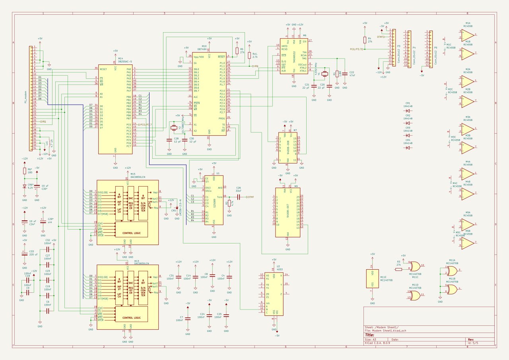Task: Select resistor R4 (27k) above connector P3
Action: tap(365, 40)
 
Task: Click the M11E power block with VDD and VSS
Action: tap(373, 278)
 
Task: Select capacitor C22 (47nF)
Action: tap(345, 73)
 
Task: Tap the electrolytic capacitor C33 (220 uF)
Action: tap(25, 253)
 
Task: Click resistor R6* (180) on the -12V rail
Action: tap(25, 171)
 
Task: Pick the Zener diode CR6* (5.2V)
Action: tap(25, 186)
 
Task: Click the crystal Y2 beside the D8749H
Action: tap(173, 128)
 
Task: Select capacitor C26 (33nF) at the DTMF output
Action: tap(239, 197)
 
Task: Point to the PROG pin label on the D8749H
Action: tap(222, 119)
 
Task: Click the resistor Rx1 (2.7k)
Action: tap(250, 55)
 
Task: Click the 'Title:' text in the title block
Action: tap(370, 335)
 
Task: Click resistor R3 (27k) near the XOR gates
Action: tap(398, 269)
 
